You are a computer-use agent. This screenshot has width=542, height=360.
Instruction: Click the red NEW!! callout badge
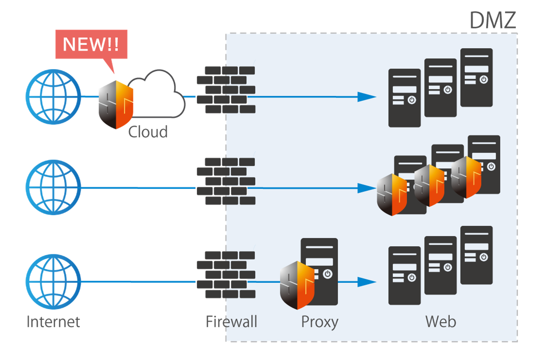coord(91,44)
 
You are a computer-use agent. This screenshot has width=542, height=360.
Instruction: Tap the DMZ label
coord(493,20)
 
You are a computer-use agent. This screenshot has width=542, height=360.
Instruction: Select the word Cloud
coord(148,132)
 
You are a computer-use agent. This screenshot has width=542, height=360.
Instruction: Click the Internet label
coord(53,322)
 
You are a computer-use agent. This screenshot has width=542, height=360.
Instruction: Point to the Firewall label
coord(231,322)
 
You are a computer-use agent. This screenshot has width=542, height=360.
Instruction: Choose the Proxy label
coord(319,322)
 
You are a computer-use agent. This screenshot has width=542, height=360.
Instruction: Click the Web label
coord(441,322)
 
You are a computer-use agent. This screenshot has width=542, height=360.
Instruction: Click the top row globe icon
coord(53,97)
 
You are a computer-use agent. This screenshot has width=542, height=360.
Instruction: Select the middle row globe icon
coord(53,187)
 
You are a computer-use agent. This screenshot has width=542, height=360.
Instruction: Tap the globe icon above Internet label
coord(53,282)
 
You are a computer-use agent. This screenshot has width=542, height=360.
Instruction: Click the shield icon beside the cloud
coord(116,105)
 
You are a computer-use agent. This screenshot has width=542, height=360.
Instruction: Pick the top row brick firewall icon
coord(226,90)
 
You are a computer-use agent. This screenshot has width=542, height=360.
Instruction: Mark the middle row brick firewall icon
coord(226,181)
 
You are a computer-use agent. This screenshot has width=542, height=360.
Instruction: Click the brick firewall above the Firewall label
coord(226,274)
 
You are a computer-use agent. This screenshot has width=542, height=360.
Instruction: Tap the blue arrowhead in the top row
coord(366,97)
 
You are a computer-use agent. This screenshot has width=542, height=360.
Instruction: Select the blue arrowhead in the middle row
coord(366,188)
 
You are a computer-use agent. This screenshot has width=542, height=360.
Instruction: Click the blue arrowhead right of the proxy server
coord(366,282)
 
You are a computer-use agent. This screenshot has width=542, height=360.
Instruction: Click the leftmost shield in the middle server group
coord(392,195)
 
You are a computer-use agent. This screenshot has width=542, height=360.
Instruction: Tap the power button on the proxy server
coord(327,274)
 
